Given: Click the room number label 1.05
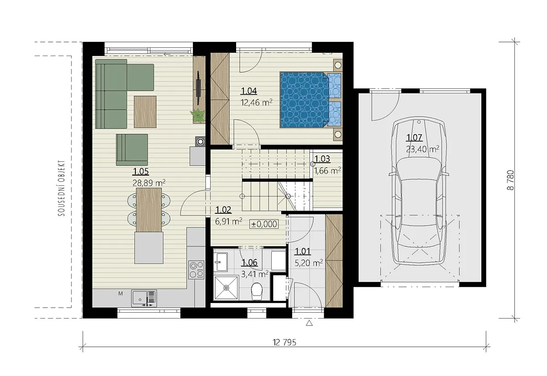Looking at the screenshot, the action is tap(141, 171).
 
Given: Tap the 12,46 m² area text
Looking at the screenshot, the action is tap(256, 102).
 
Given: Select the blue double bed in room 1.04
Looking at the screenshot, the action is tap(310, 100).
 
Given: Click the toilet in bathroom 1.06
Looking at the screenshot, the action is tap(256, 291).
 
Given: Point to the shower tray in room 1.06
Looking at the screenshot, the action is tap(226, 288).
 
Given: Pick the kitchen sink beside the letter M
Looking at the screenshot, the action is tap(144, 298).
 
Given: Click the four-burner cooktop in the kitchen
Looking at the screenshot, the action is tap(196, 269).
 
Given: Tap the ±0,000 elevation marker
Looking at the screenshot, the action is tap(264, 224).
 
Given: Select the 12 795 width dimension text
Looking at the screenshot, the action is tap(284, 343).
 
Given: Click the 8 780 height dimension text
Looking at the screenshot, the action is tap(511, 180).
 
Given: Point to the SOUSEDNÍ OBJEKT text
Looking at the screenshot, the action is tap(62, 188).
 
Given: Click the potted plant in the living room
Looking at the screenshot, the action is tap(197, 115).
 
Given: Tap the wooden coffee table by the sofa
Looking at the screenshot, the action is tap(145, 112).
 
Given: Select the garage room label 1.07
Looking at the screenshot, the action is tap(414, 138).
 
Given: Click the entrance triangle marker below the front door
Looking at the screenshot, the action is tap(310, 323).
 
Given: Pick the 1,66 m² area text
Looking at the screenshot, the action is tap(327, 170).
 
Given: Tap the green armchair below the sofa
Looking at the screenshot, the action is tap(132, 149).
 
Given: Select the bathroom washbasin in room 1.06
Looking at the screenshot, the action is tap(221, 262).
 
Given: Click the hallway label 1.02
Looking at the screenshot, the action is tap(223, 210).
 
